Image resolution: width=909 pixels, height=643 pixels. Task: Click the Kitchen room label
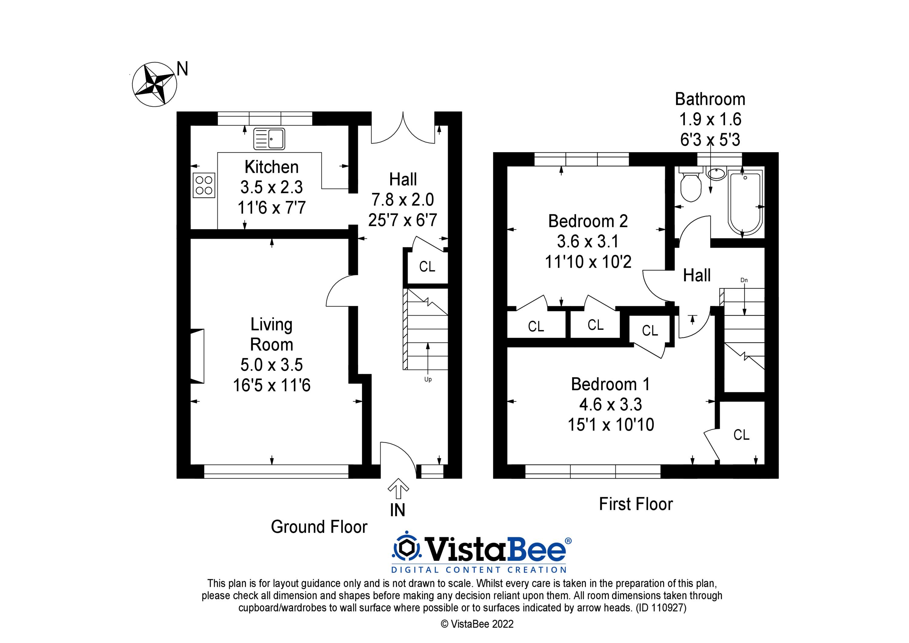coord(271,167)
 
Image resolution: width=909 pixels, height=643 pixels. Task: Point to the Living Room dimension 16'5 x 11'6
coord(271,385)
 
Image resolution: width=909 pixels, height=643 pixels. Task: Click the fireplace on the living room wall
coord(198,356)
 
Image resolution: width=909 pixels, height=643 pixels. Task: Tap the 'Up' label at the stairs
coord(428,379)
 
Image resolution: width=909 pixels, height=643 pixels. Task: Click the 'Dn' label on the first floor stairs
coord(744,280)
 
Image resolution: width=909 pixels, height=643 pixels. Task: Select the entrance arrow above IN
coord(398,488)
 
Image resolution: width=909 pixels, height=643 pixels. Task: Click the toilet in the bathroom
coord(691,186)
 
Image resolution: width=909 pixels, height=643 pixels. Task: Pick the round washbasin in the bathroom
coord(717,173)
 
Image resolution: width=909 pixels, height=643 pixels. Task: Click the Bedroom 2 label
coord(588,221)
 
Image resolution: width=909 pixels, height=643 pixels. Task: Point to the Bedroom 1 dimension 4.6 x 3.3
coord(611,404)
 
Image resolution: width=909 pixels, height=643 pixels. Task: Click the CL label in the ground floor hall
coord(427,267)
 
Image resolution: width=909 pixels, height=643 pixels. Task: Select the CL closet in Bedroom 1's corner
coord(741,435)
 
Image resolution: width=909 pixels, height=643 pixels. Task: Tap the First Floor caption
coord(636,504)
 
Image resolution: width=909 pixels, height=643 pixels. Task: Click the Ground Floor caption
coord(319,527)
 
